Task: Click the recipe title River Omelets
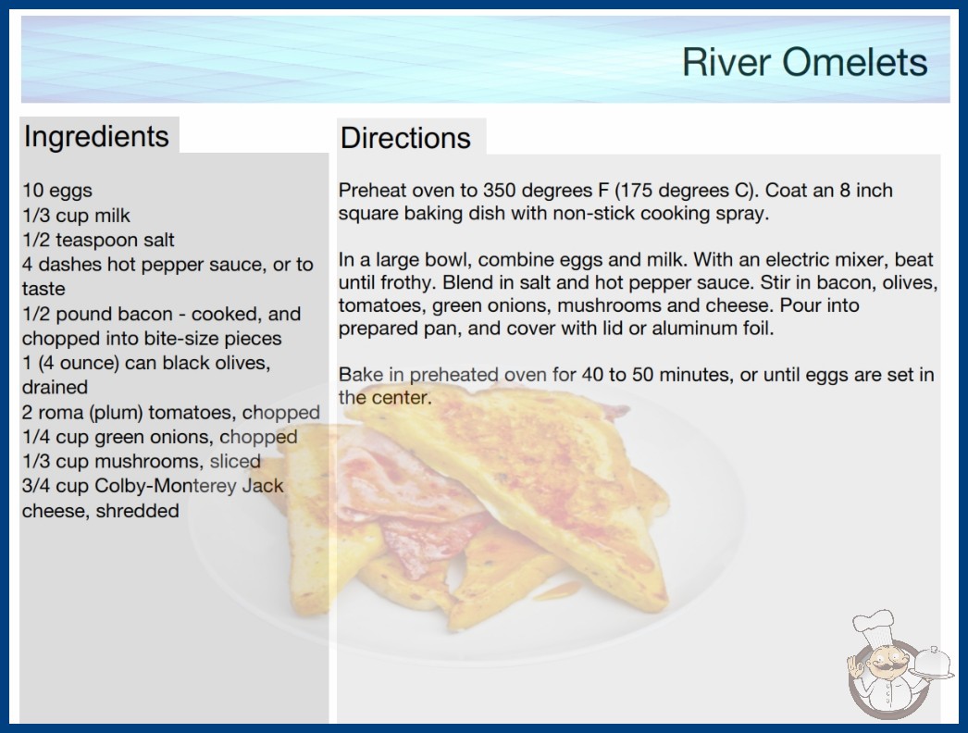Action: coord(804,62)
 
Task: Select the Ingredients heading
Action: coord(95,136)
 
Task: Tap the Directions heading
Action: coord(405,138)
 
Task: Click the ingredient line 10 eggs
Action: coord(56,191)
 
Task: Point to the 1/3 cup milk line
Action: coord(76,216)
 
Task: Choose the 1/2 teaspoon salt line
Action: coord(98,240)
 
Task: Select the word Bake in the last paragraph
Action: coord(360,374)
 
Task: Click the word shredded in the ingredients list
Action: coord(137,511)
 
